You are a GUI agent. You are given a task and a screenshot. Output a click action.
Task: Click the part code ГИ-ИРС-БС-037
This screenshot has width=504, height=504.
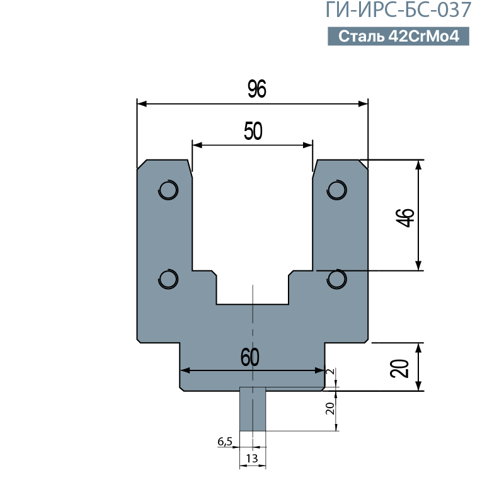click(x=398, y=9)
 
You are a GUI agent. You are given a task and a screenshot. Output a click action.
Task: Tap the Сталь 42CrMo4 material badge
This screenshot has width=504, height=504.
click(x=398, y=36)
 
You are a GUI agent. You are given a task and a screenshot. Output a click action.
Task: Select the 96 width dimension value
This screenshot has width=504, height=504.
click(x=257, y=89)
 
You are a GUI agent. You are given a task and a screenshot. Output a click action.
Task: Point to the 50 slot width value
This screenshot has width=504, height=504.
click(x=253, y=131)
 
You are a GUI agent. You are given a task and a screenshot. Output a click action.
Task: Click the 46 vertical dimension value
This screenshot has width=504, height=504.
click(x=405, y=217)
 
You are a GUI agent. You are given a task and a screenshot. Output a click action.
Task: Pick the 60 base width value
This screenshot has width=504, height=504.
click(x=249, y=357)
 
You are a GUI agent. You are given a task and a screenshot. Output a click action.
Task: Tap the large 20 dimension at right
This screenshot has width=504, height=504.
click(x=399, y=369)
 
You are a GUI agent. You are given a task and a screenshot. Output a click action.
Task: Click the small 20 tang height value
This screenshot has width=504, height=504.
click(x=330, y=408)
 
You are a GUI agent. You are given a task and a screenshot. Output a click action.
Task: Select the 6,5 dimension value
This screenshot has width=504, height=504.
click(x=225, y=442)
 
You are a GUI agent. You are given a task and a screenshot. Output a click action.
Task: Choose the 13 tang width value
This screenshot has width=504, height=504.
click(x=252, y=459)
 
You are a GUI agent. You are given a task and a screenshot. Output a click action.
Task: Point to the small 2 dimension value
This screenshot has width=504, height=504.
click(x=330, y=372)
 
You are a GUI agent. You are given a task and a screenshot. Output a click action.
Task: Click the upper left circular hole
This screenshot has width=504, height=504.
click(x=168, y=190)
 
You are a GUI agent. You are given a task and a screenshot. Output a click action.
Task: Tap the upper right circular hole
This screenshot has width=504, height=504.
click(x=336, y=190)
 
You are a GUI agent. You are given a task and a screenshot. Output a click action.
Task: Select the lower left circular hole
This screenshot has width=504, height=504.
click(x=168, y=278)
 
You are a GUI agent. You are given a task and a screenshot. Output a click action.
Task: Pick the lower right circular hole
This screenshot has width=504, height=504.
click(x=336, y=278)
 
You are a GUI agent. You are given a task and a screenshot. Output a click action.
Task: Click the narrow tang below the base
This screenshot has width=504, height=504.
click(x=253, y=409)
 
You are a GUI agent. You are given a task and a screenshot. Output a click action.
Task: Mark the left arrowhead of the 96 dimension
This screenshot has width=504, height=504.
click(x=142, y=104)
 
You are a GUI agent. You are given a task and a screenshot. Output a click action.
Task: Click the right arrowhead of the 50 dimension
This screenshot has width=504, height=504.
click(x=307, y=146)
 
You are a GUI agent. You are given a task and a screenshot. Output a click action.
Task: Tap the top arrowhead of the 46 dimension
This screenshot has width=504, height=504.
click(x=418, y=164)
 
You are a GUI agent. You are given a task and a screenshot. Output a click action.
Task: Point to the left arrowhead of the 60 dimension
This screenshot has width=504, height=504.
click(x=185, y=370)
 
